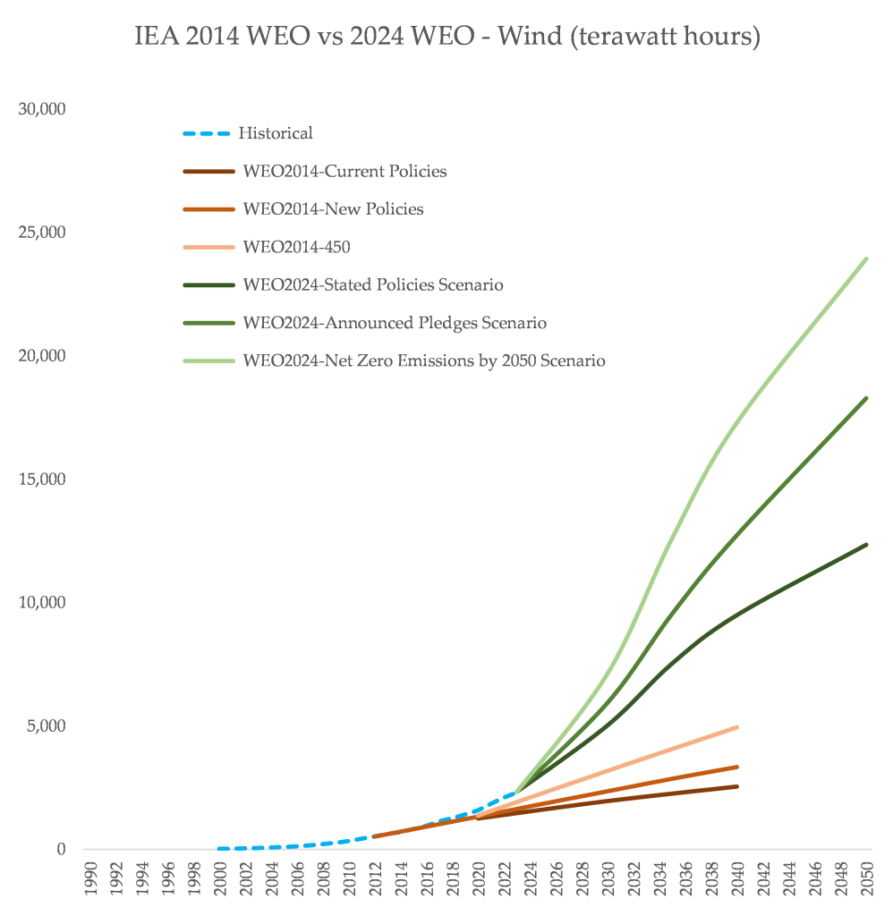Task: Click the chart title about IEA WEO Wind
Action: (446, 38)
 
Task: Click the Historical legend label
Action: (276, 133)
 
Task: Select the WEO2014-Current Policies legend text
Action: (344, 171)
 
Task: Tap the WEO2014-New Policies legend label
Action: (333, 209)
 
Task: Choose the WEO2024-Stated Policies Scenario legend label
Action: (372, 284)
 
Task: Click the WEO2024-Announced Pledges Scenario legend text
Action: (394, 322)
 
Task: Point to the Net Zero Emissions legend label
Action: (424, 360)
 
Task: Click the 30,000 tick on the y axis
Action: (42, 109)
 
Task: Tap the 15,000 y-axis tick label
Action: (42, 479)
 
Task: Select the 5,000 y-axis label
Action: (46, 725)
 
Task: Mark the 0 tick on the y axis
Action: (62, 849)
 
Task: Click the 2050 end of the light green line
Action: (866, 259)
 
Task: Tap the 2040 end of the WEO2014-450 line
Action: (736, 727)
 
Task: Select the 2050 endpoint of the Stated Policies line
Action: (866, 545)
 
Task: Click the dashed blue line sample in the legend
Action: (207, 133)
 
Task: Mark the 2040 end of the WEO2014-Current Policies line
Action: (736, 786)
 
